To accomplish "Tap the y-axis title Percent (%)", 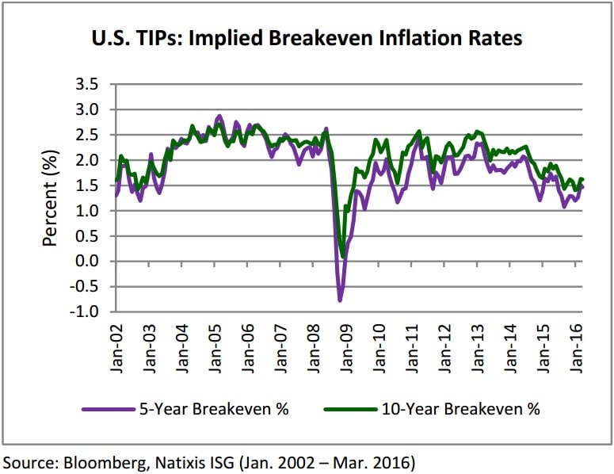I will click(x=50, y=197).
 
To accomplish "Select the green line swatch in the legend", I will click(x=348, y=410).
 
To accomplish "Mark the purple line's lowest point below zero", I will click(x=340, y=300).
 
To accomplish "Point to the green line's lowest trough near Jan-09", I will click(x=342, y=255).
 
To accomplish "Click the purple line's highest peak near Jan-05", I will click(x=219, y=116).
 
